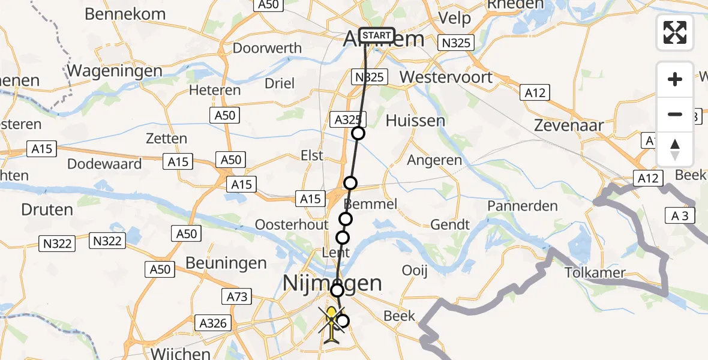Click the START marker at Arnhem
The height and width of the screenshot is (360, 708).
(377, 35)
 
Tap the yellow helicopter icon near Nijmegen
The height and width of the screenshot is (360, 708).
(331, 324)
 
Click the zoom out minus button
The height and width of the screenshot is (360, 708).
(675, 115)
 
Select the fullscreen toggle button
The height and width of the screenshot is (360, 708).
(675, 32)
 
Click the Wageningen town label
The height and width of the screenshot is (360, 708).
(115, 71)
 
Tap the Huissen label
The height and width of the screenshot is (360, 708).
(415, 121)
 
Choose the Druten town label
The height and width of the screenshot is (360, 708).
(47, 210)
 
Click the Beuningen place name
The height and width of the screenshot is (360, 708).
(226, 263)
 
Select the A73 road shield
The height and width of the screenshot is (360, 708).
(238, 296)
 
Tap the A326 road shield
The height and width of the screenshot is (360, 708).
(213, 323)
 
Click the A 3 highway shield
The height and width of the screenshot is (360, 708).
(680, 217)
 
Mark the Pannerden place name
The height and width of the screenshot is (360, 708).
(523, 206)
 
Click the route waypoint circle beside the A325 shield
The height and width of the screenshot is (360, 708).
(358, 133)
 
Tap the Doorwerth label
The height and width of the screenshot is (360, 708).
(259, 48)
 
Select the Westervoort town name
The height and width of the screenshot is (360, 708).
(446, 77)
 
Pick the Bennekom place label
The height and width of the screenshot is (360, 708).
(125, 13)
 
